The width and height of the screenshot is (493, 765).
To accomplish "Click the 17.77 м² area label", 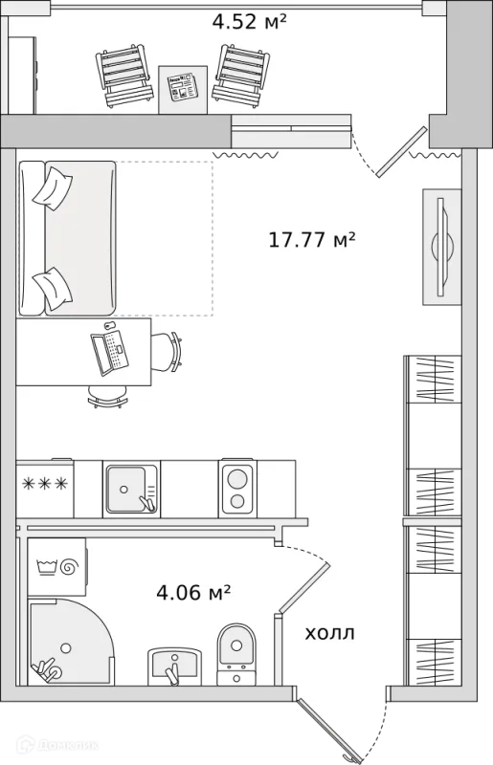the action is point(311,240).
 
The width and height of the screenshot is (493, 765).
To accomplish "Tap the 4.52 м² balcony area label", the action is point(249,21).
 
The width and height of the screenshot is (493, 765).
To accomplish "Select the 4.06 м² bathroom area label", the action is point(193,593).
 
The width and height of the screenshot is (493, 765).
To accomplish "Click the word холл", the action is point(329,634).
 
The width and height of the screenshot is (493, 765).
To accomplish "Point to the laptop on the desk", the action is point(110,352).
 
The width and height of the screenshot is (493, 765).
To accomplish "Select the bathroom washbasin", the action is point(174,666).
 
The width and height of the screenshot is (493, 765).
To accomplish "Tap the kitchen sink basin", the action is point(126,489).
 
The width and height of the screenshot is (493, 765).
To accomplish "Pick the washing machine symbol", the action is point(57,567).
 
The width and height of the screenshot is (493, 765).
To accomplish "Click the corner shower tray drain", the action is point(65,648).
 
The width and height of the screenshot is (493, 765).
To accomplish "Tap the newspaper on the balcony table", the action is point(182,87).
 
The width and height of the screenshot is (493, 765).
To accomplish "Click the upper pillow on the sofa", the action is point(53,188).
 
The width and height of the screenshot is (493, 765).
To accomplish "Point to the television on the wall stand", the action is point(441,247).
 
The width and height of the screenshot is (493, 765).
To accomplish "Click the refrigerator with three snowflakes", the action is point(44,488).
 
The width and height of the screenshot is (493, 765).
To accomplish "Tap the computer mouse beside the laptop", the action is point(108,325).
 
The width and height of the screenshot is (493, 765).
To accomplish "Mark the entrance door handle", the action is point(349,756).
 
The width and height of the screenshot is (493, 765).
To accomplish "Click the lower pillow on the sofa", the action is point(53,288).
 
